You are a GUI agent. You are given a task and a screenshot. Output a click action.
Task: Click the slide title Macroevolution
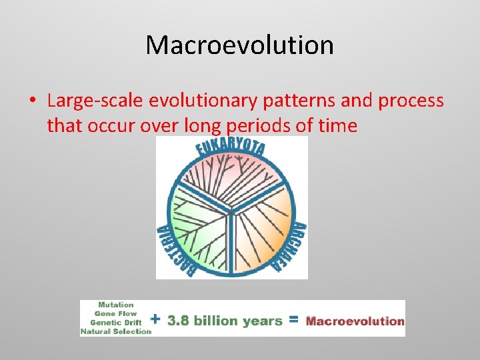pyautogui.click(x=239, y=45)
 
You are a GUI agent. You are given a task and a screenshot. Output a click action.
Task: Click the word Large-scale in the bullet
pyautogui.click(x=94, y=101)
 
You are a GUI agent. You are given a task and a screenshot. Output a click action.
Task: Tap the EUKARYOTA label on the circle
pyautogui.click(x=231, y=149)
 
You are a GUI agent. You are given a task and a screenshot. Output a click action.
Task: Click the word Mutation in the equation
pyautogui.click(x=115, y=305)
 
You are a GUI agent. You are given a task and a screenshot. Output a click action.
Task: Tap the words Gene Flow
pyautogui.click(x=115, y=313)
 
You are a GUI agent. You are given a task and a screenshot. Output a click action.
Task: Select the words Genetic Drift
pyautogui.click(x=115, y=322)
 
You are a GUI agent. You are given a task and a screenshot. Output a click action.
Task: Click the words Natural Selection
pyautogui.click(x=115, y=331)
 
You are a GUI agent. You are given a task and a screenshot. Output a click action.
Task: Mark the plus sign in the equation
pyautogui.click(x=158, y=319)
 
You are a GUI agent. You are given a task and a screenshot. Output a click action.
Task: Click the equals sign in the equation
pyautogui.click(x=293, y=320)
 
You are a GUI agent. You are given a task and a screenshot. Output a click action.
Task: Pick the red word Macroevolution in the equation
pyautogui.click(x=355, y=321)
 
